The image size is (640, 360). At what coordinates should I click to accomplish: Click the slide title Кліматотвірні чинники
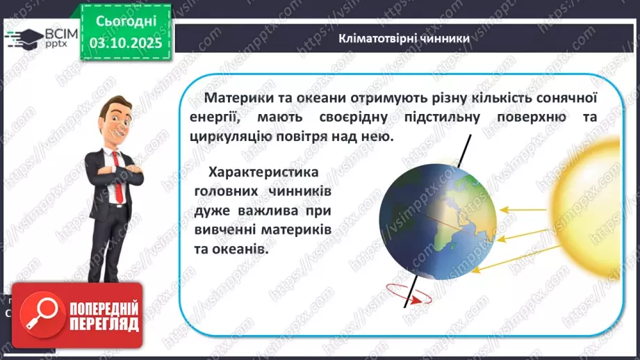pyautogui.click(x=404, y=38)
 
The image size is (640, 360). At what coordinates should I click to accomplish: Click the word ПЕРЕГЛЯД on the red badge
pyautogui.click(x=103, y=324)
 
